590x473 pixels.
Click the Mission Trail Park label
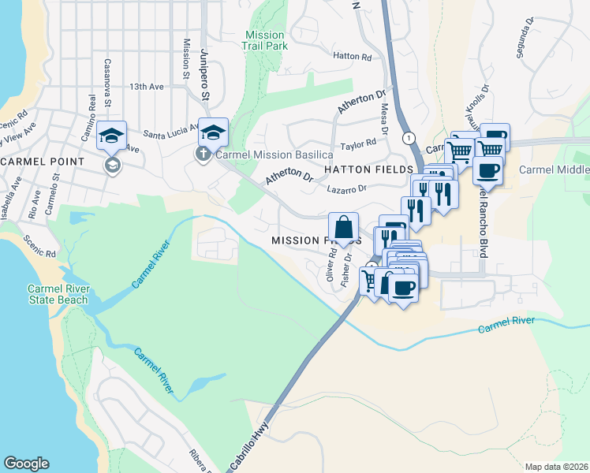click(x=264, y=40)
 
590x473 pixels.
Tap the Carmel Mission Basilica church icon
click(x=204, y=154)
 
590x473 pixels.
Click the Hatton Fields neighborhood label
click(x=370, y=169)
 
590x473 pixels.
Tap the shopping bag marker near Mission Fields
click(x=344, y=228)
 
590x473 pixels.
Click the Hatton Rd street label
click(x=352, y=57)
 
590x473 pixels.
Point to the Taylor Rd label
click(x=360, y=145)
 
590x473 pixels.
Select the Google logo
click(x=26, y=464)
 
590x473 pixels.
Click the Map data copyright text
click(x=556, y=467)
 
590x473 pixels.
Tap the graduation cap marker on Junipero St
click(x=213, y=132)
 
